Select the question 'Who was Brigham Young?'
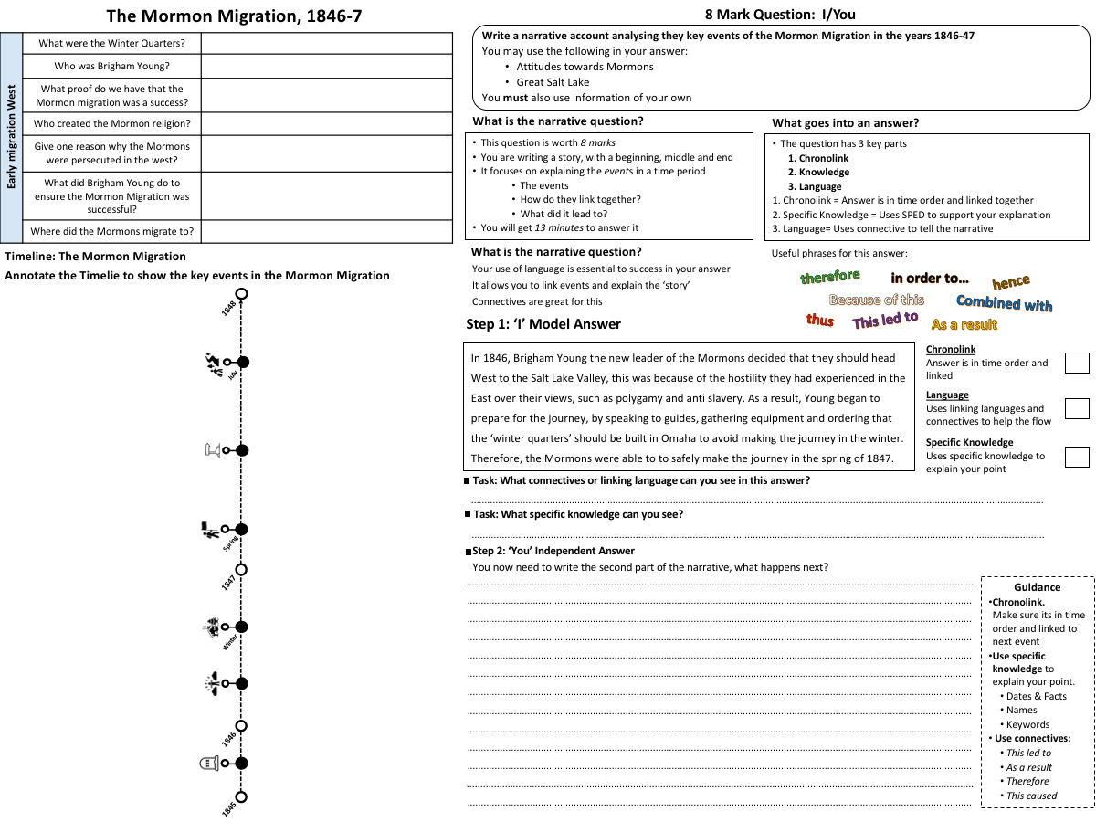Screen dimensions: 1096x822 pos(111,66)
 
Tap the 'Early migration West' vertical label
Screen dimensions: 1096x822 pos(12,138)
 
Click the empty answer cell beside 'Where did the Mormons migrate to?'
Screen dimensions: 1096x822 pos(326,231)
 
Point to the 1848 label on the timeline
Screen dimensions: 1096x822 pos(228,308)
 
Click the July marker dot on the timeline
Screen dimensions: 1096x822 pos(243,362)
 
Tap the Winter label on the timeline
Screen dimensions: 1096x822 pos(229,641)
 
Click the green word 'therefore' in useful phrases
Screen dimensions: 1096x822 pos(829,276)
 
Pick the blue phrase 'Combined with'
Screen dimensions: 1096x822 pos(1004,303)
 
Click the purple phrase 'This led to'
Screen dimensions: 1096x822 pos(884,320)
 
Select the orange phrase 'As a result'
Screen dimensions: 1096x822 pos(964,324)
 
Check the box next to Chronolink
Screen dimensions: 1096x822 pos(1077,363)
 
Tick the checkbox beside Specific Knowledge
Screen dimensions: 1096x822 pos(1077,456)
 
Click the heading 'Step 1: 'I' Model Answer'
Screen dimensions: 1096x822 pos(543,323)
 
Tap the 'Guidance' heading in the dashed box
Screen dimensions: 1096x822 pos(1037,587)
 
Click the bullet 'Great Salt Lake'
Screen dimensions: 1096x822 pos(553,82)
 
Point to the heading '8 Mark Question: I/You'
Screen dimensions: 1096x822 pos(780,14)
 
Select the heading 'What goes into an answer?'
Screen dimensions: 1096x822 pos(845,122)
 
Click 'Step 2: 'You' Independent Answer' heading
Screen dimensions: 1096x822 pos(553,551)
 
